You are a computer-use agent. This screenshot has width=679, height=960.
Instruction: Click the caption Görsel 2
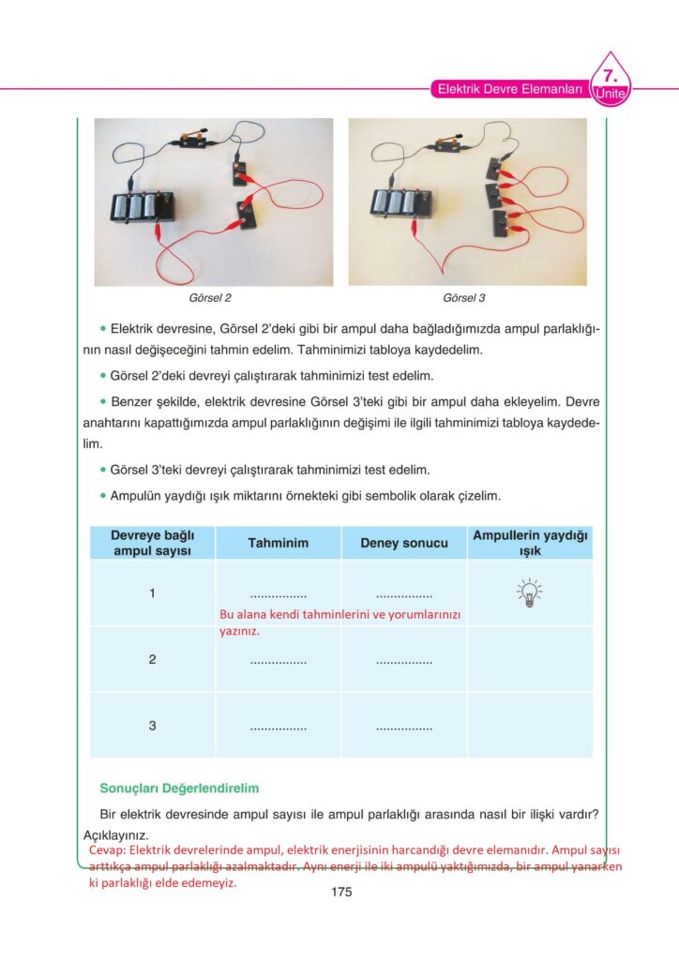click(x=210, y=298)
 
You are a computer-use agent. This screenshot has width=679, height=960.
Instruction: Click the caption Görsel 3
click(x=464, y=298)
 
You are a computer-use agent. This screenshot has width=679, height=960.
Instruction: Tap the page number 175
click(x=341, y=892)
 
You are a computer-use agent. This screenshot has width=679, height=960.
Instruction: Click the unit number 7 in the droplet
click(x=610, y=74)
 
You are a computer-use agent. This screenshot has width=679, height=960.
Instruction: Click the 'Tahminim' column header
click(x=278, y=543)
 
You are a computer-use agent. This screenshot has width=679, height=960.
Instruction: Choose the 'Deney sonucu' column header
click(x=404, y=543)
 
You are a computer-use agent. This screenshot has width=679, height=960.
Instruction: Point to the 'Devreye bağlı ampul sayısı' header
click(x=152, y=543)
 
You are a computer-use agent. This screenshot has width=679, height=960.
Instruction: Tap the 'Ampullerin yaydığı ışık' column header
click(x=530, y=543)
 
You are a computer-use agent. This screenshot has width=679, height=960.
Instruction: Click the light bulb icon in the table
click(x=530, y=592)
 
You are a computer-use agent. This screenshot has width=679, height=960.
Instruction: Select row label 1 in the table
click(x=152, y=593)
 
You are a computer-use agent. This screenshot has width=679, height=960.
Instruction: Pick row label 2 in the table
click(x=152, y=660)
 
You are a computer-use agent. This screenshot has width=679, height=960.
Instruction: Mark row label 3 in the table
click(x=152, y=726)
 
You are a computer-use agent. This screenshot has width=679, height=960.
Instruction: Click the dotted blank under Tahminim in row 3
click(x=278, y=727)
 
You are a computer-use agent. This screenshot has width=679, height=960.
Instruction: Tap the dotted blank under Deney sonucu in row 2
click(x=404, y=662)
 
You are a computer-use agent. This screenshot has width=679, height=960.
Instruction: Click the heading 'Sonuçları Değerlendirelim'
click(x=179, y=788)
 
